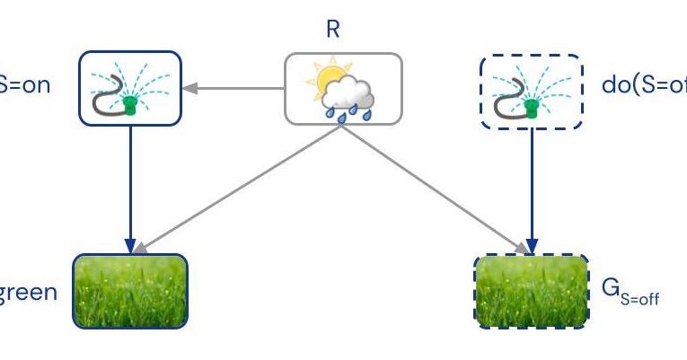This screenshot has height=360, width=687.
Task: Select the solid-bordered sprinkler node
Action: (x=131, y=88)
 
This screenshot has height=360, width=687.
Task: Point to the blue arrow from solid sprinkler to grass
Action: (x=131, y=189)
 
